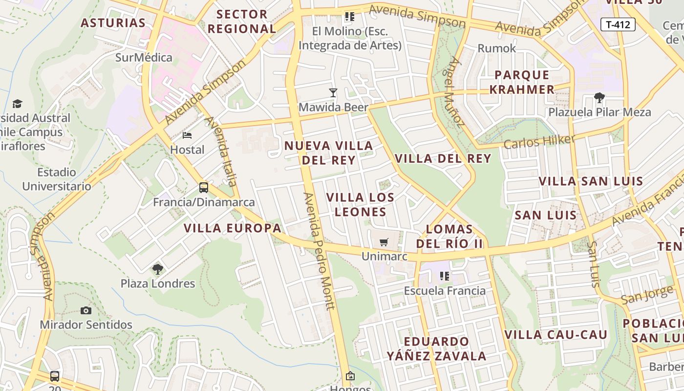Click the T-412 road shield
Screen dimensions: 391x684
(618, 24)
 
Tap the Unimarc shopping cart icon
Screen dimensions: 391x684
(384, 242)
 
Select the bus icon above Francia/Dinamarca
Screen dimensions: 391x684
(204, 187)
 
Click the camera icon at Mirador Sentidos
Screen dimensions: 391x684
(86, 310)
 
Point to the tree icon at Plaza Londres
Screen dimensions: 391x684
(157, 269)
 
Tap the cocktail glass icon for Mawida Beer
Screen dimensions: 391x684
(333, 92)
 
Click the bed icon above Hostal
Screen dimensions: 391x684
(187, 135)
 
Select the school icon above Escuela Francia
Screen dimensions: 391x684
(445, 276)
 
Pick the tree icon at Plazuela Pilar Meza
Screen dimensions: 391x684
(599, 97)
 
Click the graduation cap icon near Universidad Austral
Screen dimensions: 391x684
(18, 104)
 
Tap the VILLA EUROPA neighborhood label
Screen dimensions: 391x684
(233, 228)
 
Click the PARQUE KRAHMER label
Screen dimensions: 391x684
(522, 82)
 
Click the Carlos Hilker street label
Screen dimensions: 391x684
(539, 142)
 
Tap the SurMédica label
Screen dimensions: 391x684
(144, 58)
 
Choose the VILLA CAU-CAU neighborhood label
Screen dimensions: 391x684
(556, 335)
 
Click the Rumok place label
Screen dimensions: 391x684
(497, 48)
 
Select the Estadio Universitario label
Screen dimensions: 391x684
(57, 179)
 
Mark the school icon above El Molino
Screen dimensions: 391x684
(349, 17)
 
